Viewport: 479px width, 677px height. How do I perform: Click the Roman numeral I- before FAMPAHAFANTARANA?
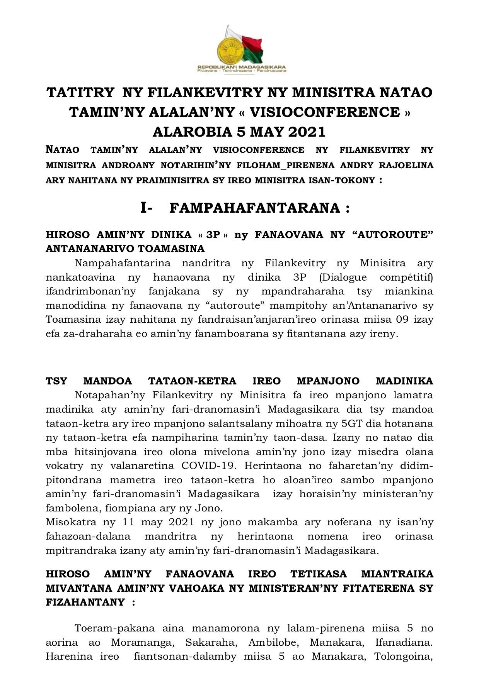[x=146, y=208]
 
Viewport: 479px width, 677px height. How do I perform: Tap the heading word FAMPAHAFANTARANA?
[x=255, y=208]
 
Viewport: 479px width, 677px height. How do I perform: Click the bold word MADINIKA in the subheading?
[x=404, y=381]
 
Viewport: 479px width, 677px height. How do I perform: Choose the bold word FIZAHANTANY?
[x=85, y=602]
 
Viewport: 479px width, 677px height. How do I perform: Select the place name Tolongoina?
[x=404, y=657]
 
